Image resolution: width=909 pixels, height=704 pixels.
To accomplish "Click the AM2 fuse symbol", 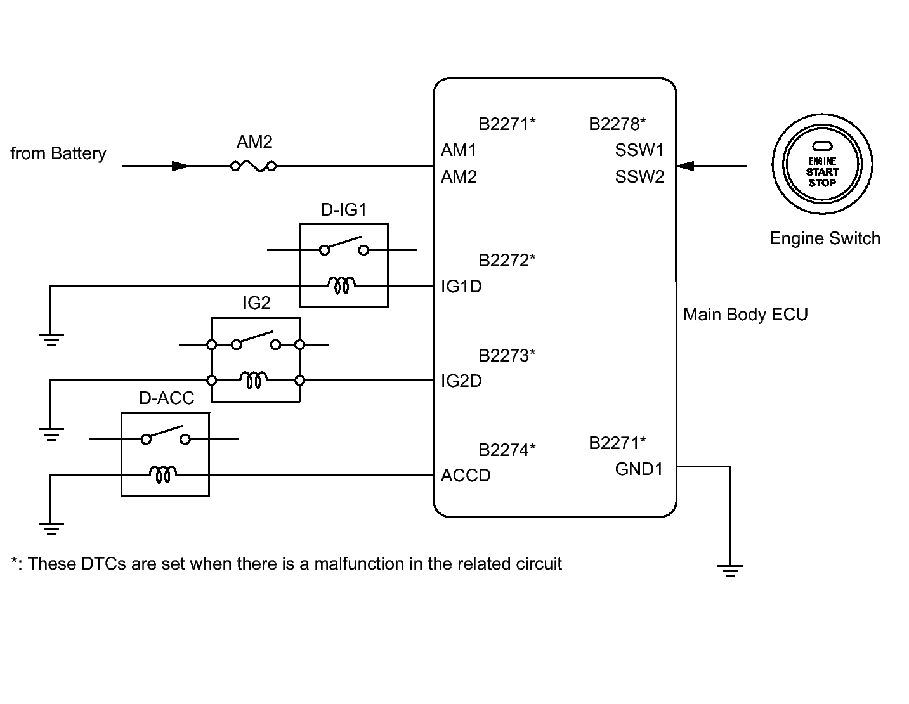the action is (254, 166).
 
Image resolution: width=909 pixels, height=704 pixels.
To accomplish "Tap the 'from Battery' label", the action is (58, 153).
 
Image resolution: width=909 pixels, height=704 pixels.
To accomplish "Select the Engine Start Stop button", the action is (822, 164).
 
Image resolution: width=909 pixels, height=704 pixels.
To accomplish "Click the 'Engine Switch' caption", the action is (825, 238).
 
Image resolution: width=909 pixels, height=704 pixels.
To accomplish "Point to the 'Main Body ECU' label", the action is (745, 315).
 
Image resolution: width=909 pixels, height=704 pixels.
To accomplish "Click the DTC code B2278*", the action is (617, 124).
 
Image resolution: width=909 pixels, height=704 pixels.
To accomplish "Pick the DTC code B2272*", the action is (507, 261).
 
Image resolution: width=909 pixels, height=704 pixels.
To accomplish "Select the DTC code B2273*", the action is (507, 355).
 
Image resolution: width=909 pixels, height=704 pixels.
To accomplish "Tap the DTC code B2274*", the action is (507, 450).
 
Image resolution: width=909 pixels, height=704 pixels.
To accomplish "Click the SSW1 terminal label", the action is (639, 150).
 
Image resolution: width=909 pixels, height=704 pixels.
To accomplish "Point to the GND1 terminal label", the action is (639, 469).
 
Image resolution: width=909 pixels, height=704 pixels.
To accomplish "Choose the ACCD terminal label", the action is (466, 475).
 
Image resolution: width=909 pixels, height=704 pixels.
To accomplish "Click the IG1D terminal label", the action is (461, 287).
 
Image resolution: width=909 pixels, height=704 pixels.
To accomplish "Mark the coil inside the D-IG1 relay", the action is (342, 285).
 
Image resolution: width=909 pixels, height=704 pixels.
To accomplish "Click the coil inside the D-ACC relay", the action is (163, 474).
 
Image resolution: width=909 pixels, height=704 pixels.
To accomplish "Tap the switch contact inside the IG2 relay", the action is (256, 341).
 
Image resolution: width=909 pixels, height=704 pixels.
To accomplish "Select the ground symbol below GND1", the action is (730, 571).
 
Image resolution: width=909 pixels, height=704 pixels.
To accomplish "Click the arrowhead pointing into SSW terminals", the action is (685, 166).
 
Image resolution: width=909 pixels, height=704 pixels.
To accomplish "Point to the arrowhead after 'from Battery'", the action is (180, 166).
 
